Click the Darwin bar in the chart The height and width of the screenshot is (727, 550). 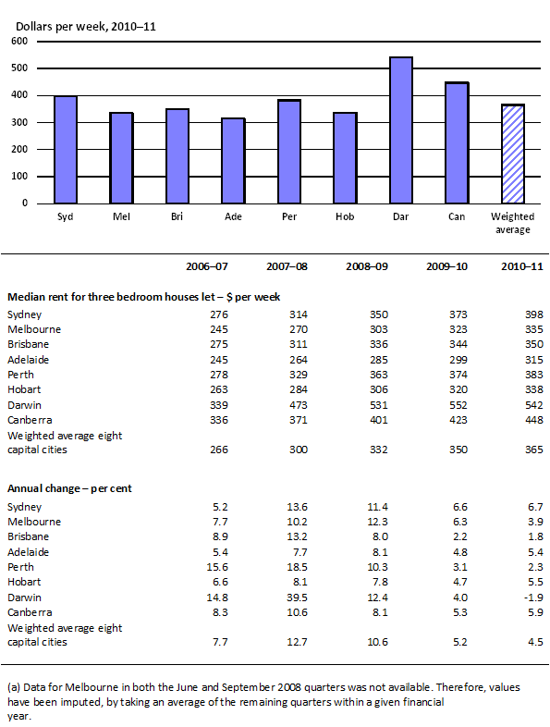coord(400,130)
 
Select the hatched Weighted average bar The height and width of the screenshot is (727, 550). coord(513,154)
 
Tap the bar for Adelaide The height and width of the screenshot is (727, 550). coord(233,161)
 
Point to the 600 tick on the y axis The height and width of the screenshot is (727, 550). coord(19,42)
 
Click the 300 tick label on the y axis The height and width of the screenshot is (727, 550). coord(19,122)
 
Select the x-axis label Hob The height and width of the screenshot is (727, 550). coord(345,216)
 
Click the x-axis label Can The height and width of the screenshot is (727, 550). coord(457,216)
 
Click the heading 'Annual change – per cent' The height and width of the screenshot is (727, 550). coord(70,487)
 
